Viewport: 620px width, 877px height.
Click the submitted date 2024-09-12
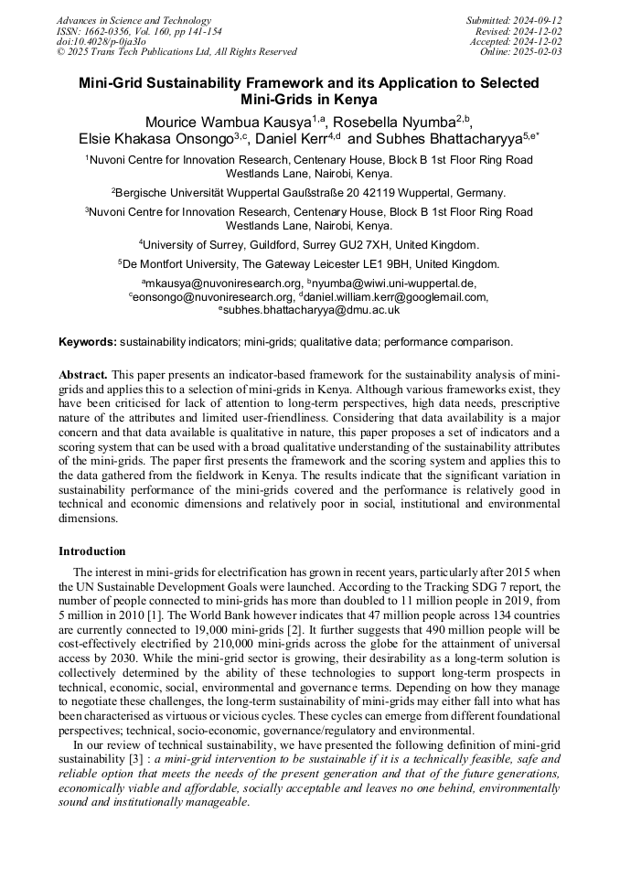click(x=537, y=20)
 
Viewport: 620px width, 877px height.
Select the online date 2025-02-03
click(x=538, y=52)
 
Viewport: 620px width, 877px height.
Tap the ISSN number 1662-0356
click(x=111, y=31)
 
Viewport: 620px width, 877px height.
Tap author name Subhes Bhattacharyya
click(x=454, y=139)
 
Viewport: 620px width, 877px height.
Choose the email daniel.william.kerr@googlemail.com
click(x=396, y=296)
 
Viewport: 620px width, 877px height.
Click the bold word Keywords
click(x=88, y=342)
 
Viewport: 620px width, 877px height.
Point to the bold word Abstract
click(x=83, y=376)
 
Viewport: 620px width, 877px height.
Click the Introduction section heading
click(x=92, y=551)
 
